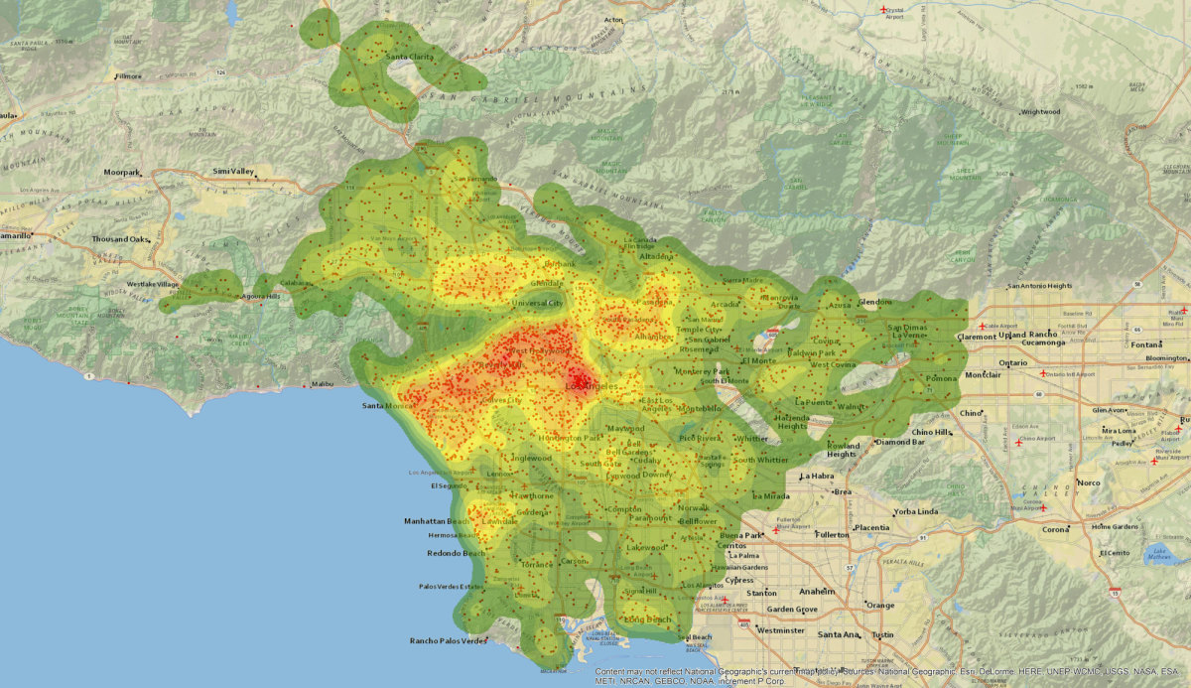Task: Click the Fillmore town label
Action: (x=129, y=75)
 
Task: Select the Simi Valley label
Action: (x=233, y=172)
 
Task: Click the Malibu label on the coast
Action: (x=322, y=383)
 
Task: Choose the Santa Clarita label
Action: (x=410, y=57)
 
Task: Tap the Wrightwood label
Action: (x=1040, y=112)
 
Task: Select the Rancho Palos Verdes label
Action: (x=448, y=640)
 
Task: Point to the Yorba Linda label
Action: (x=915, y=511)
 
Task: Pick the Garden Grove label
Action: (x=791, y=609)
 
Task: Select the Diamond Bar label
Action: (x=899, y=442)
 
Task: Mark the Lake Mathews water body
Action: (x=1159, y=554)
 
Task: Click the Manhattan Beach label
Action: (x=437, y=521)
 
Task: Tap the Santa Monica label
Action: (x=386, y=406)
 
